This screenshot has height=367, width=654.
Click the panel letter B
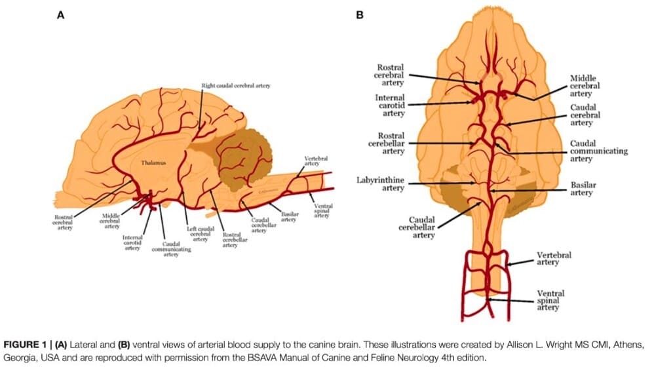coord(358,14)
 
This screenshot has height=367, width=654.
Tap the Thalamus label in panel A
coord(151,162)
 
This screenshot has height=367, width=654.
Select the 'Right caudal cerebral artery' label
coord(236,86)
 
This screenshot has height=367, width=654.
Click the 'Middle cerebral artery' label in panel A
coord(112,221)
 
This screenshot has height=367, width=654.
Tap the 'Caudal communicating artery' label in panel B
coord(598,151)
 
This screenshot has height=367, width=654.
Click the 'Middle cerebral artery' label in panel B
coord(585,86)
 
